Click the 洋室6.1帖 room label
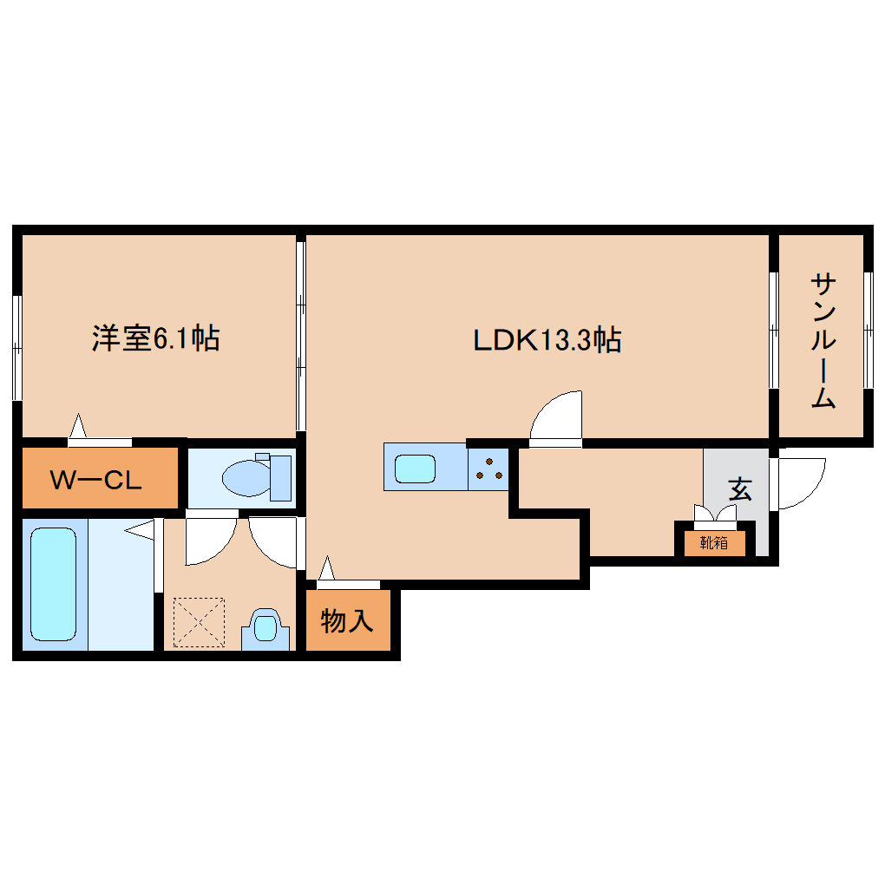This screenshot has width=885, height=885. point(156,338)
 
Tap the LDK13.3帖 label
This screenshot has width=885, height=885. point(547,339)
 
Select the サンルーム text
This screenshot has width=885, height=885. point(823,341)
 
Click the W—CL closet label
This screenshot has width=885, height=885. point(95,479)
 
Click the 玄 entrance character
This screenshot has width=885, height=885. point(739,488)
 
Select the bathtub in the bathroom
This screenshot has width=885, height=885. point(53,584)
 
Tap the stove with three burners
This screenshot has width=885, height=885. point(488,469)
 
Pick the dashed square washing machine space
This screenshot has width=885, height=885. point(199,621)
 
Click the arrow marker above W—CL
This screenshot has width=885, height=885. point(79,426)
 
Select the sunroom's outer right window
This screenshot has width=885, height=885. point(867,330)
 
